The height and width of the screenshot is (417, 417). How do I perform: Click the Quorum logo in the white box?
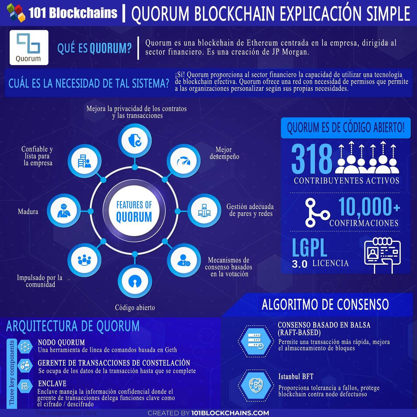pos(29,47)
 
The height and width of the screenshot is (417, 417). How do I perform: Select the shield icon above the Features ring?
pos(135,140)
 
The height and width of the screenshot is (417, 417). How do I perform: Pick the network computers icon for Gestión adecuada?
pos(204,210)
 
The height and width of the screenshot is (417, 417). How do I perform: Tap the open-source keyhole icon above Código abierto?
pos(134,281)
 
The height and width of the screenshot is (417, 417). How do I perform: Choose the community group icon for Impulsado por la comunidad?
pos(84,260)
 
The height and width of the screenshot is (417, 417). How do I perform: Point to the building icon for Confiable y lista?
pos(84,161)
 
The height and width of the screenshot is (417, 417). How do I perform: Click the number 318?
pos(312,159)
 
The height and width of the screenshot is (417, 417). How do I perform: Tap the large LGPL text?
pos(309,248)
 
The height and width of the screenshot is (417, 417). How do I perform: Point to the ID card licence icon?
pos(382,255)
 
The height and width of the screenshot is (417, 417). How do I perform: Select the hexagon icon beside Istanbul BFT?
pos(256,385)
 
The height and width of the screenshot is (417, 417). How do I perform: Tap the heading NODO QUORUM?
pos(62,342)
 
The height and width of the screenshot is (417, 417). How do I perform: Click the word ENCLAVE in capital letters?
pos(52,383)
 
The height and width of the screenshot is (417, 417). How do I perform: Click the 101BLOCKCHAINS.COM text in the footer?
pos(230,413)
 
